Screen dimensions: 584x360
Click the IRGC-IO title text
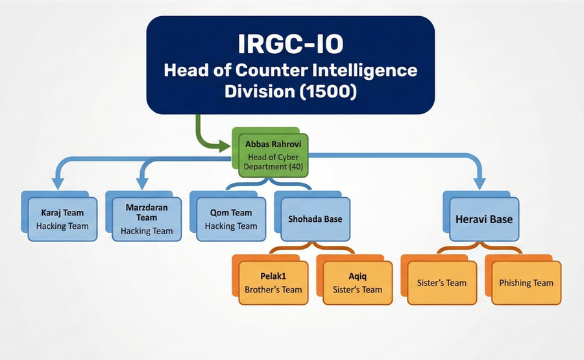tap(291, 44)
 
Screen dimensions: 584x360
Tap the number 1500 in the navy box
tap(328, 91)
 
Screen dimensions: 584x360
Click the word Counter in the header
tap(271, 70)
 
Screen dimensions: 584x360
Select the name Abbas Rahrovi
tap(273, 144)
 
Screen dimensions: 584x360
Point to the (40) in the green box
tap(296, 167)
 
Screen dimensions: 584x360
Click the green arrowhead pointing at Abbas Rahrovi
tap(225, 147)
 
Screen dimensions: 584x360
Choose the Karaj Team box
tap(62, 219)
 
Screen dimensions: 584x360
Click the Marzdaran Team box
tap(147, 219)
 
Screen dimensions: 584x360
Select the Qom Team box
tap(231, 219)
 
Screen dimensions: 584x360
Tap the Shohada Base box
tap(315, 219)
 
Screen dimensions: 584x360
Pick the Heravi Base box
tap(484, 219)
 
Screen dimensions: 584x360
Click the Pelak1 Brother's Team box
tap(273, 283)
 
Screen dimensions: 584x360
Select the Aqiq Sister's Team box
tap(358, 283)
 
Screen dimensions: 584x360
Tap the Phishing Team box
tap(526, 283)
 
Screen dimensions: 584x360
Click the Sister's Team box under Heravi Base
tap(442, 283)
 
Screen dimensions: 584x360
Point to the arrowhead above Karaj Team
tap(58, 184)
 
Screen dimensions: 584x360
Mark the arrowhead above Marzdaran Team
tap(142, 184)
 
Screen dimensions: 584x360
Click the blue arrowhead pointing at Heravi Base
tap(480, 184)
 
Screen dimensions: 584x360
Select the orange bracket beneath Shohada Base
tap(313, 248)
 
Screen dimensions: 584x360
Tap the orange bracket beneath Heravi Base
tap(480, 248)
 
